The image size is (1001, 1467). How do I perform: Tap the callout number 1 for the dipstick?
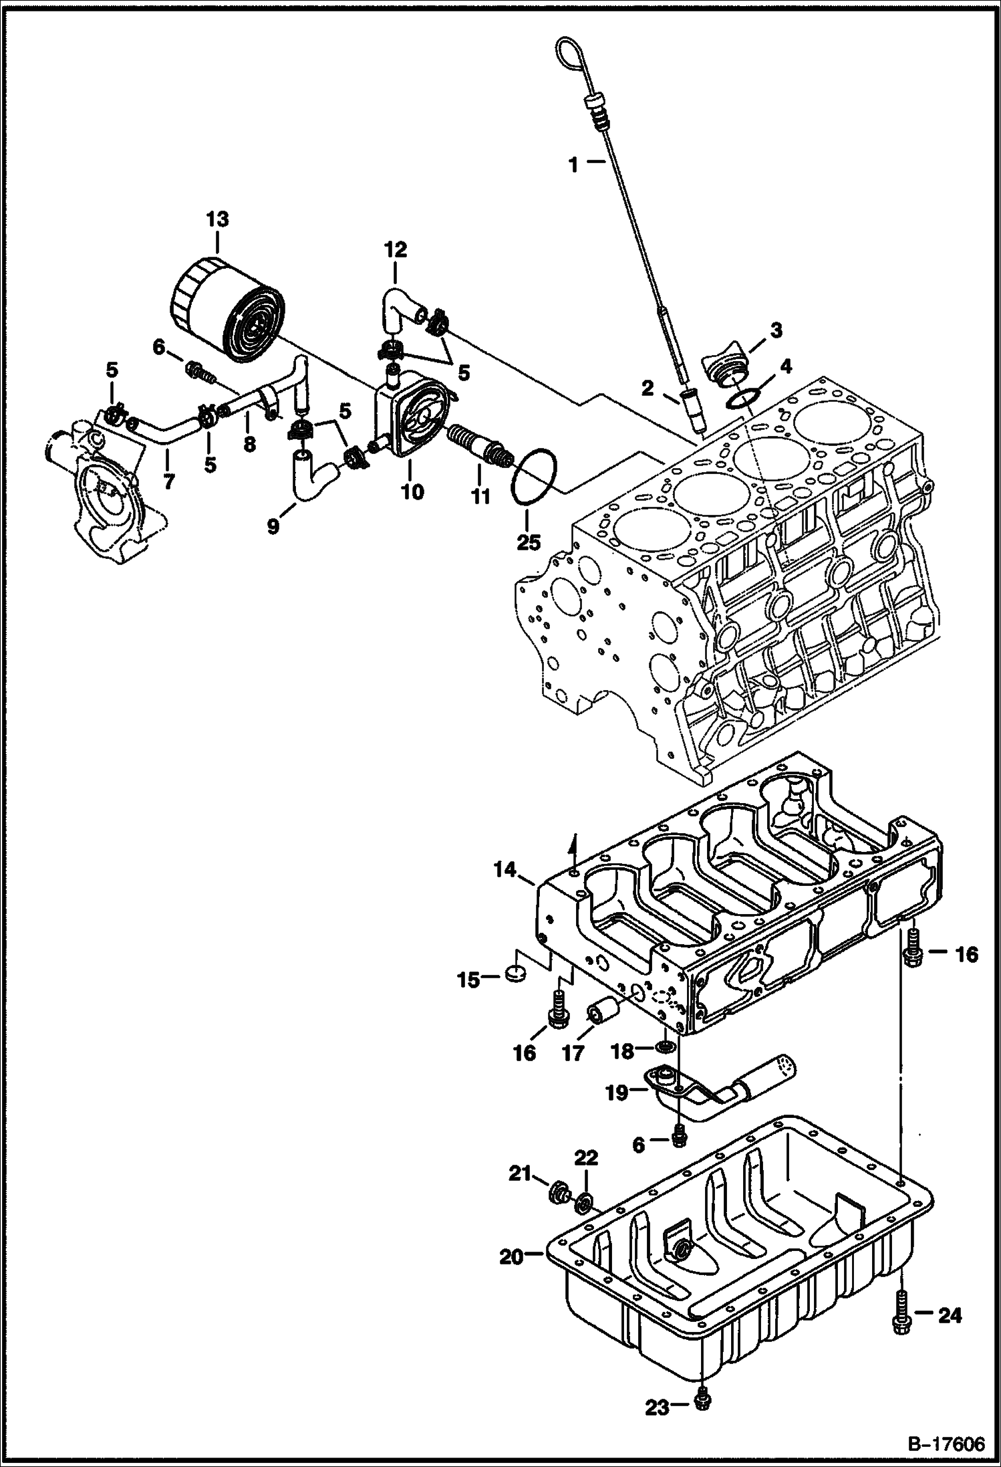(x=573, y=164)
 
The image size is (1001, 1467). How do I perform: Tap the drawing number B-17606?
(x=946, y=1443)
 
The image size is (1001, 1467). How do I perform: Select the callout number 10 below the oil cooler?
(x=412, y=491)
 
